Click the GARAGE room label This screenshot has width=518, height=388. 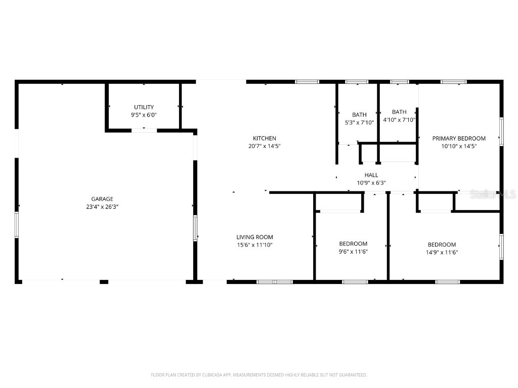tap(102, 199)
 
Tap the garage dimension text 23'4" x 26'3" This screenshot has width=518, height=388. tap(102, 207)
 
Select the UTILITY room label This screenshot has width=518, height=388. tap(144, 107)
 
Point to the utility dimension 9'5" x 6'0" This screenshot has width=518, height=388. tap(144, 115)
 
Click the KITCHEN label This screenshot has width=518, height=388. tap(265, 138)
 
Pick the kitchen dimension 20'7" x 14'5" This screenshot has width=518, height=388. tap(265, 146)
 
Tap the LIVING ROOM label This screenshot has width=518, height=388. tap(254, 237)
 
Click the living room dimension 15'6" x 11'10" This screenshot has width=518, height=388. tap(254, 245)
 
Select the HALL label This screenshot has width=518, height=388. tap(371, 175)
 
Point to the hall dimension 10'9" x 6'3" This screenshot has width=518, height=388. tap(371, 183)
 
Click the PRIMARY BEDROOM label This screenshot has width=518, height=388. tap(458, 138)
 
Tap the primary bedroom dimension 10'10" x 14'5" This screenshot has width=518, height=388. tap(458, 146)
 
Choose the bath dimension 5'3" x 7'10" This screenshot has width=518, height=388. tap(359, 123)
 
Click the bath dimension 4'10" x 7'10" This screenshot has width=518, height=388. tap(399, 120)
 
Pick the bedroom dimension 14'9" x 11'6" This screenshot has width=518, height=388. tap(442, 252)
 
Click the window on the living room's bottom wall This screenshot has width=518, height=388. tap(275, 281)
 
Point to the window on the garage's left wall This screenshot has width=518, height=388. tap(16, 225)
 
